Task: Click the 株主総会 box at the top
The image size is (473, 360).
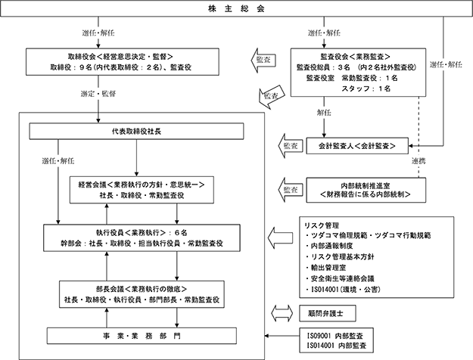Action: point(236,8)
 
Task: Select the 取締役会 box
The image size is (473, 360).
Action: point(122,62)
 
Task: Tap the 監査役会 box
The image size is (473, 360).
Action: point(358,73)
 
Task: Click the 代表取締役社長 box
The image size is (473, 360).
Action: point(136,131)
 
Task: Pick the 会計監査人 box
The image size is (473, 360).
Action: point(357,146)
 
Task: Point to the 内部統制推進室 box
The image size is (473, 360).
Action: point(366,190)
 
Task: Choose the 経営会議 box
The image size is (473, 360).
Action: point(142,190)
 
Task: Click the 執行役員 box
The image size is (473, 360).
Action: point(142,238)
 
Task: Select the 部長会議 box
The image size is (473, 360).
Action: point(142,294)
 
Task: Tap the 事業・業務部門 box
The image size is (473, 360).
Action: point(142,336)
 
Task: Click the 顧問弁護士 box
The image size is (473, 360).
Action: point(327,313)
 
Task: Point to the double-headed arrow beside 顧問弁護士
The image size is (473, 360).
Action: point(282,313)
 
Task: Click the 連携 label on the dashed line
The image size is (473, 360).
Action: point(419,161)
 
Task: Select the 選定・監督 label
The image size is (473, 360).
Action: point(98,94)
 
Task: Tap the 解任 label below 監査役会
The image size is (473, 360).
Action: point(324,113)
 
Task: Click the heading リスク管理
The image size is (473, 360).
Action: point(322,225)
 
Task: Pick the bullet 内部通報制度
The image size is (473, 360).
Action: point(329,246)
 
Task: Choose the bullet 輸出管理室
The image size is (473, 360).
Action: point(325,268)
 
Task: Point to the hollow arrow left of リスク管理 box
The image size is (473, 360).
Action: point(280,238)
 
